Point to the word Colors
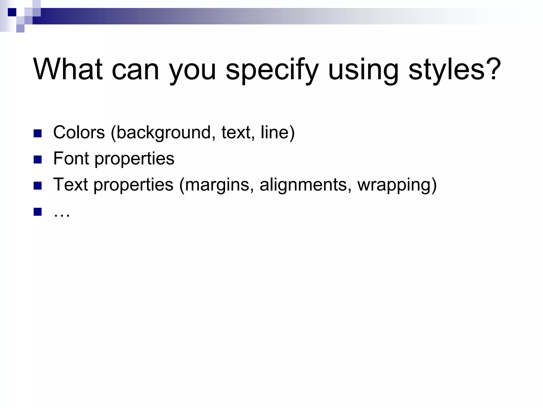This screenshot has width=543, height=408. click(x=79, y=132)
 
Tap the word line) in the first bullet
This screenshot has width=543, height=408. click(x=277, y=132)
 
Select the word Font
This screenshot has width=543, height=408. click(x=71, y=158)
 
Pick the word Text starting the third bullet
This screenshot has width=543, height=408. click(x=70, y=184)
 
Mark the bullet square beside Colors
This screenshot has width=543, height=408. click(x=38, y=133)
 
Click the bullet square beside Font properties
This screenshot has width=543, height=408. click(x=38, y=159)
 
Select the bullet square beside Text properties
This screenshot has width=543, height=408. click(x=38, y=186)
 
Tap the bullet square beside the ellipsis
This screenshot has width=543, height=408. click(x=38, y=212)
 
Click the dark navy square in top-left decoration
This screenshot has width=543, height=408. click(x=12, y=12)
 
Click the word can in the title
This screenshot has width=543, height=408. click(x=135, y=70)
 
